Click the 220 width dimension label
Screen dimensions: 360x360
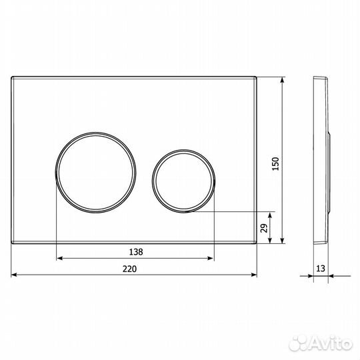129,269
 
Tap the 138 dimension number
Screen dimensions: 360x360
136,252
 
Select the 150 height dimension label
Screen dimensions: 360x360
275,164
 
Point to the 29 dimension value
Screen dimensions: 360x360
264,228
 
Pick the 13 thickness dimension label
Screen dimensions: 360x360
321,268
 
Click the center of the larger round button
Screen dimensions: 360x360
96,173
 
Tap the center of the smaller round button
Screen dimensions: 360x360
184,181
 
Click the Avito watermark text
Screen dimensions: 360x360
321,344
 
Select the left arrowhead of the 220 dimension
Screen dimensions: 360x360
14,275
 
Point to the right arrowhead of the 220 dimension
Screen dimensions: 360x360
254,275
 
